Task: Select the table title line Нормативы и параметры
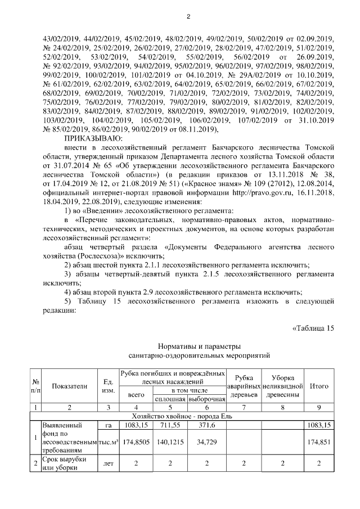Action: click(191, 345)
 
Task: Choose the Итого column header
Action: click(319, 386)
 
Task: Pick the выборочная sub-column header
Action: click(206, 398)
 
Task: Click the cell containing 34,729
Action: click(206, 442)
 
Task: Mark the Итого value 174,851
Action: click(319, 442)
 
